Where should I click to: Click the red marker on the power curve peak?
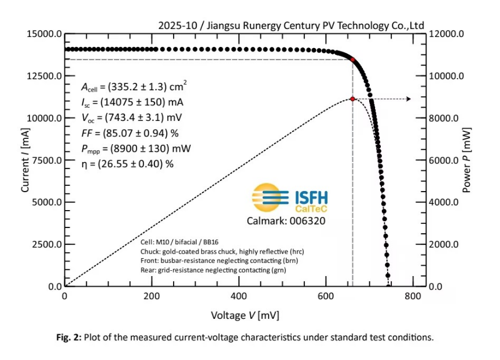tap(352, 99)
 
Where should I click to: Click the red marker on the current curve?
tap(352, 60)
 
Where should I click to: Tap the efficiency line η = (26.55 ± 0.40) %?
tap(127, 164)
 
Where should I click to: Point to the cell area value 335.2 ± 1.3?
tap(136, 88)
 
